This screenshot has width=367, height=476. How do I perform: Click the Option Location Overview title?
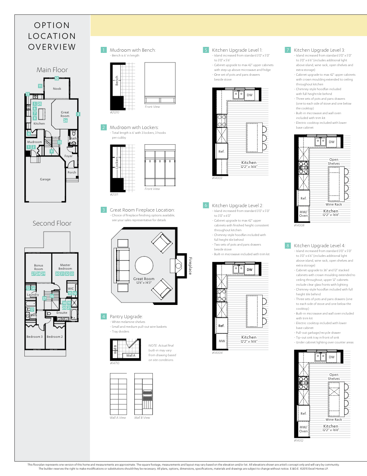coord(52,36)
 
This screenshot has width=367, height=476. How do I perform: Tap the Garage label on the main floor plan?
coord(45,179)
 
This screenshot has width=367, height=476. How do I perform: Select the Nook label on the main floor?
coord(57,89)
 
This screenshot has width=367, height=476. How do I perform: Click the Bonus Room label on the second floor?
coord(38,267)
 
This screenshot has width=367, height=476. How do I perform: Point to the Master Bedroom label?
coord(65,267)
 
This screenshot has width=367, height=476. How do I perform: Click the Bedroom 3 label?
coord(34,337)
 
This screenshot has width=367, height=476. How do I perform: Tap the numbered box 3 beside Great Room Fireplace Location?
coord(104,210)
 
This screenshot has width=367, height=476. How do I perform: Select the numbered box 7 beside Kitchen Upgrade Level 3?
coord(287,50)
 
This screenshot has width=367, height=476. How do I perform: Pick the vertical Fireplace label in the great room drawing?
coord(190,266)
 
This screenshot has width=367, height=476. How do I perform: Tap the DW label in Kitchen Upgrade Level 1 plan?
coord(249,95)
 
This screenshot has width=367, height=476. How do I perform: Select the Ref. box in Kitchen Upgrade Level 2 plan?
coord(221,326)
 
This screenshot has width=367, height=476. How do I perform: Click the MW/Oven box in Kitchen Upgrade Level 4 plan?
coord(303,429)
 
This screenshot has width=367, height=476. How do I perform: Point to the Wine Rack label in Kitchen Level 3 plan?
coord(333,204)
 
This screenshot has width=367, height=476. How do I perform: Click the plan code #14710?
coord(115,363)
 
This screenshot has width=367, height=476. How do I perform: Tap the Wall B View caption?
coord(142,418)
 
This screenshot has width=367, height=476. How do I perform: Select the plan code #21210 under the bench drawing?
coord(115,113)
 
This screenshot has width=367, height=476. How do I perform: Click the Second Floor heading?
coord(52,223)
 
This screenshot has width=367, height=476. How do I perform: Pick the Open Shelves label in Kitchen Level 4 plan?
coord(334,377)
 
